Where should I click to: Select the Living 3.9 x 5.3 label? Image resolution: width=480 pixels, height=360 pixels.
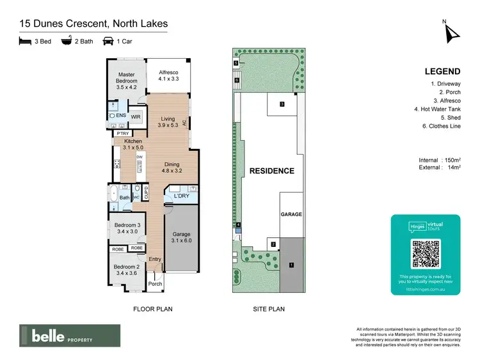168,122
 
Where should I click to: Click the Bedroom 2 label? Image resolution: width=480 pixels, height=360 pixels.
126,270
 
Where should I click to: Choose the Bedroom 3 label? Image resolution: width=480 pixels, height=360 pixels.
126,228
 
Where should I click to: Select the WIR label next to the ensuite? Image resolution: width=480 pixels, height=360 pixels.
136,117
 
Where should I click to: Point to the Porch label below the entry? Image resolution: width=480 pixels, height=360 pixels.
155,284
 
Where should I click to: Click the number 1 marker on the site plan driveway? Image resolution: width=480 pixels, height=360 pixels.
291,264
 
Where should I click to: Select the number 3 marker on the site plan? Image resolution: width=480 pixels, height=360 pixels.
281,104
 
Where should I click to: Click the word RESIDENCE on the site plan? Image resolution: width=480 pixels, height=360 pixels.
271,171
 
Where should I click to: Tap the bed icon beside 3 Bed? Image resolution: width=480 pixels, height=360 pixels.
26,42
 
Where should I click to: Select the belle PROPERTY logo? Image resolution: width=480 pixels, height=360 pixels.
69,336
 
